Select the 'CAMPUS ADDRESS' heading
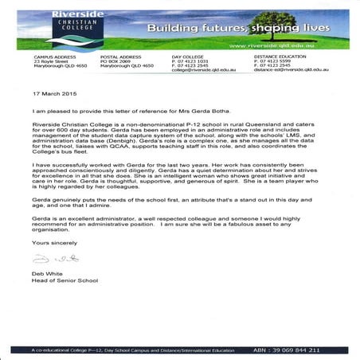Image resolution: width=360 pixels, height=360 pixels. point(54,57)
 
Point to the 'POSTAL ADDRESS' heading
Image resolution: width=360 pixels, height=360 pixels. point(122,57)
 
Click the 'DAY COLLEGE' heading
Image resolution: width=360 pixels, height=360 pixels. point(189,57)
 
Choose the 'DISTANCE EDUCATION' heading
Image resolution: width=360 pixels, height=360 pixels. point(278,57)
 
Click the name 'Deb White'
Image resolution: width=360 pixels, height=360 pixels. point(47,296)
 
